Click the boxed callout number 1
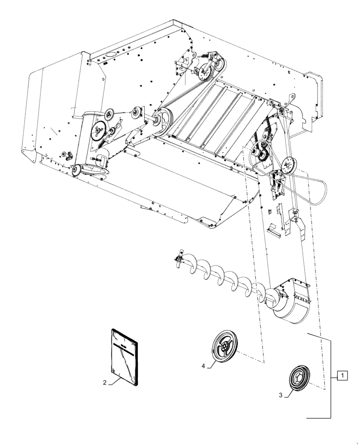click(342, 376)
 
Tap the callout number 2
click(105, 382)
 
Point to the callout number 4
click(203, 366)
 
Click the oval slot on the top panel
click(110, 54)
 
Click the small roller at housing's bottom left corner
click(76, 169)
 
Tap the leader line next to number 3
click(289, 392)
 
